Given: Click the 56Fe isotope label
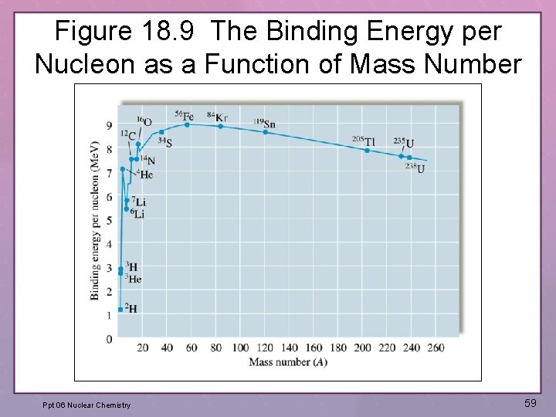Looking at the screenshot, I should point(185,116).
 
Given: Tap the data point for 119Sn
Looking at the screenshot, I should point(265,132).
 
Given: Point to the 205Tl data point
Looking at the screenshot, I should point(367,151).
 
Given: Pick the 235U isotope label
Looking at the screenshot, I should point(403,142).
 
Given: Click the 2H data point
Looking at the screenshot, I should point(120,309).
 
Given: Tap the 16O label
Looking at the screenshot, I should point(144,121).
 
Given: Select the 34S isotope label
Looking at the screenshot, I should point(164,141).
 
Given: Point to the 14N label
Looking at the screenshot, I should point(146,161).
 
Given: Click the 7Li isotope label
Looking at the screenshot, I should point(138,202).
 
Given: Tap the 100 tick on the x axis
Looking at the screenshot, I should point(240,347).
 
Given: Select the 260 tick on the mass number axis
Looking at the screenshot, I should point(436,347).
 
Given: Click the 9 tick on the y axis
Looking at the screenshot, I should point(109,126).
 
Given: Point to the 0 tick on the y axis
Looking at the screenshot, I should point(109,339).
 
